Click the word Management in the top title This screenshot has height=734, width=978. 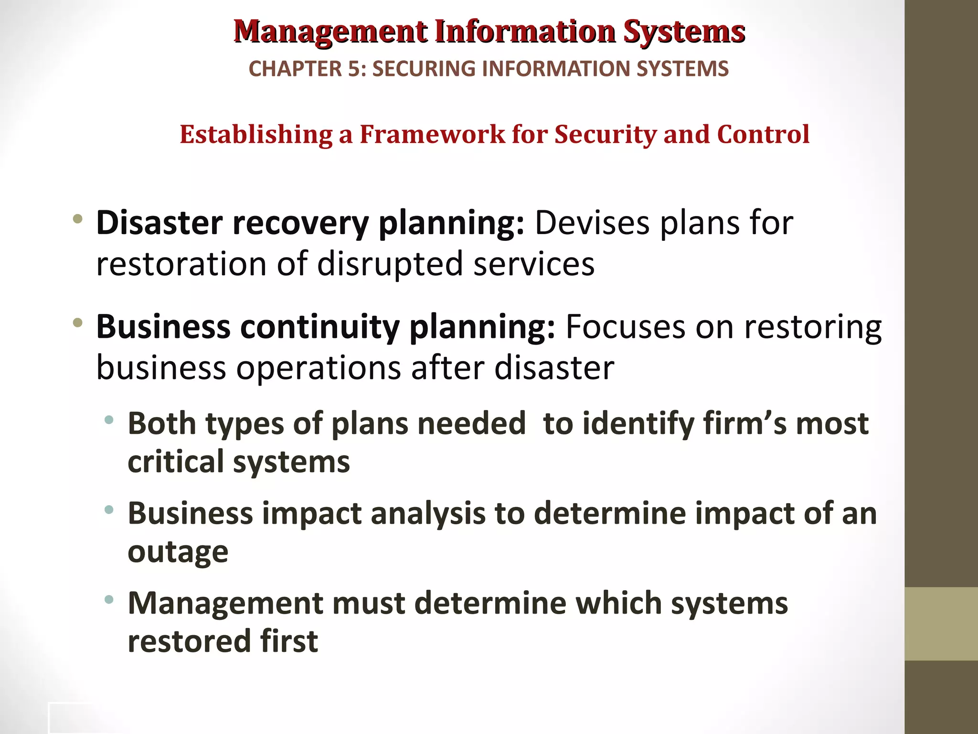coord(330,32)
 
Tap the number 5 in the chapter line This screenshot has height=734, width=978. coord(354,69)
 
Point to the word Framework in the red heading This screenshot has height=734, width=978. coord(432,134)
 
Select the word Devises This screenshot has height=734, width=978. coord(592,223)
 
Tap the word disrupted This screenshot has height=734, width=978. coord(390,264)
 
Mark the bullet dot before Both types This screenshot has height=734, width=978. coord(109,421)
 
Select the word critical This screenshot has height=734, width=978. coord(176,462)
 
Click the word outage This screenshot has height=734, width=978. coord(178,552)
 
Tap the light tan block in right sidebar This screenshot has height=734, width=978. coord(941,624)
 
